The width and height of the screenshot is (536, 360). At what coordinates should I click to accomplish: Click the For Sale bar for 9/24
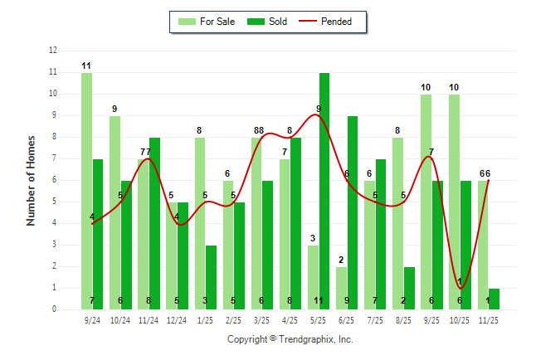point(86,191)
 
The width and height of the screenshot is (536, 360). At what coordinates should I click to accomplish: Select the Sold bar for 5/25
point(324,191)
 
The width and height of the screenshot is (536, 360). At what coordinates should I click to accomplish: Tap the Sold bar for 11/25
point(494,299)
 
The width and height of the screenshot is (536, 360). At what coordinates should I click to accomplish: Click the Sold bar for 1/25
point(212,277)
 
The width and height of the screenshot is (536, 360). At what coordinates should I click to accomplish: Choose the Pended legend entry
point(330,22)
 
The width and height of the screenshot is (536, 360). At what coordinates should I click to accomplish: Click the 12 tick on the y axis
point(53,51)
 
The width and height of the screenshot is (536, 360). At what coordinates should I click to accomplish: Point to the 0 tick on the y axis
point(54,309)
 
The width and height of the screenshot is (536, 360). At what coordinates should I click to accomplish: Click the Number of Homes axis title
point(32,180)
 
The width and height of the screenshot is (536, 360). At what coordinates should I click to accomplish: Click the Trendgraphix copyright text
point(290,339)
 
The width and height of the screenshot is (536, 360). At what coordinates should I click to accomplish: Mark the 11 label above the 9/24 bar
point(86,66)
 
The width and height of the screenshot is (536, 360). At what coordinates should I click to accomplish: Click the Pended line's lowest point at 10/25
point(460,288)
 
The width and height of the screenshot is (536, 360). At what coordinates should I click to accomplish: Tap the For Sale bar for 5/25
point(313,277)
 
